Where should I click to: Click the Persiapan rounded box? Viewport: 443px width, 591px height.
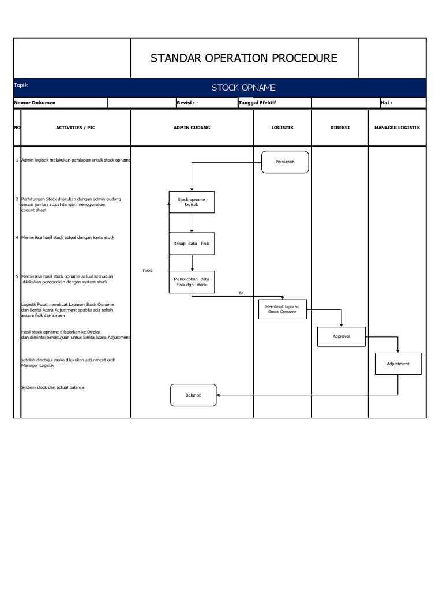285,162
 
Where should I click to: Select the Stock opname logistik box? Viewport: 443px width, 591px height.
192,202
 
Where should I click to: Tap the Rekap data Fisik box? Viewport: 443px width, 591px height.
192,244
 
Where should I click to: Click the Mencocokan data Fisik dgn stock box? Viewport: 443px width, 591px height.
192,282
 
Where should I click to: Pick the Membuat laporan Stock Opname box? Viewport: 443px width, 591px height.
282,309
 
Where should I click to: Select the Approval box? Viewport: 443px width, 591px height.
341,336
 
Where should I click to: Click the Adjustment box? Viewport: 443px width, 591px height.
398,364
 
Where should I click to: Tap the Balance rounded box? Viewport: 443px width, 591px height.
193,395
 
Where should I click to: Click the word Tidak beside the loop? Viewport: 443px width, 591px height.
147,271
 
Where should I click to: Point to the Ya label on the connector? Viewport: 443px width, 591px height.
241,293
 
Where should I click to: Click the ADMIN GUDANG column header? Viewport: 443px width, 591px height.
192,128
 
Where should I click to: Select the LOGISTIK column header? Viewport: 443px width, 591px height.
283,128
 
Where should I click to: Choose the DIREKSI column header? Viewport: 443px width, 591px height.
340,128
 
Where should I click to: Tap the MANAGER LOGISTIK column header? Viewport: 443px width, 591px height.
397,128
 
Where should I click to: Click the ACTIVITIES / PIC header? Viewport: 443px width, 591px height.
76,128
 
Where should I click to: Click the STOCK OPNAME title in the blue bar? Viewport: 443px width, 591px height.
243,88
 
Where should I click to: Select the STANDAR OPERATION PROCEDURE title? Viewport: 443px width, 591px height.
244,58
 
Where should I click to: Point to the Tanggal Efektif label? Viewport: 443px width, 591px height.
257,103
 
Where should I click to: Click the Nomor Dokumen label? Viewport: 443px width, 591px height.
35,103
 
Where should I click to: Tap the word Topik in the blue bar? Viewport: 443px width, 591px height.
21,85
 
